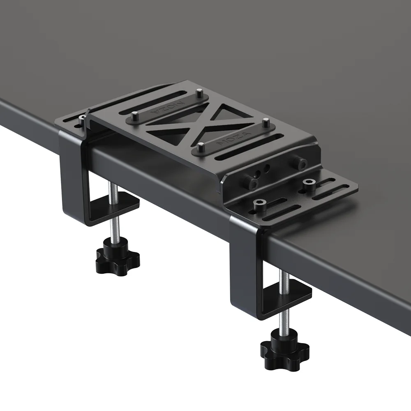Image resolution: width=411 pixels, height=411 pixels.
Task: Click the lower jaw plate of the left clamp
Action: click(x=123, y=203)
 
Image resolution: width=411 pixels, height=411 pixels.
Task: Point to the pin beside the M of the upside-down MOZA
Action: click(x=199, y=94)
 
